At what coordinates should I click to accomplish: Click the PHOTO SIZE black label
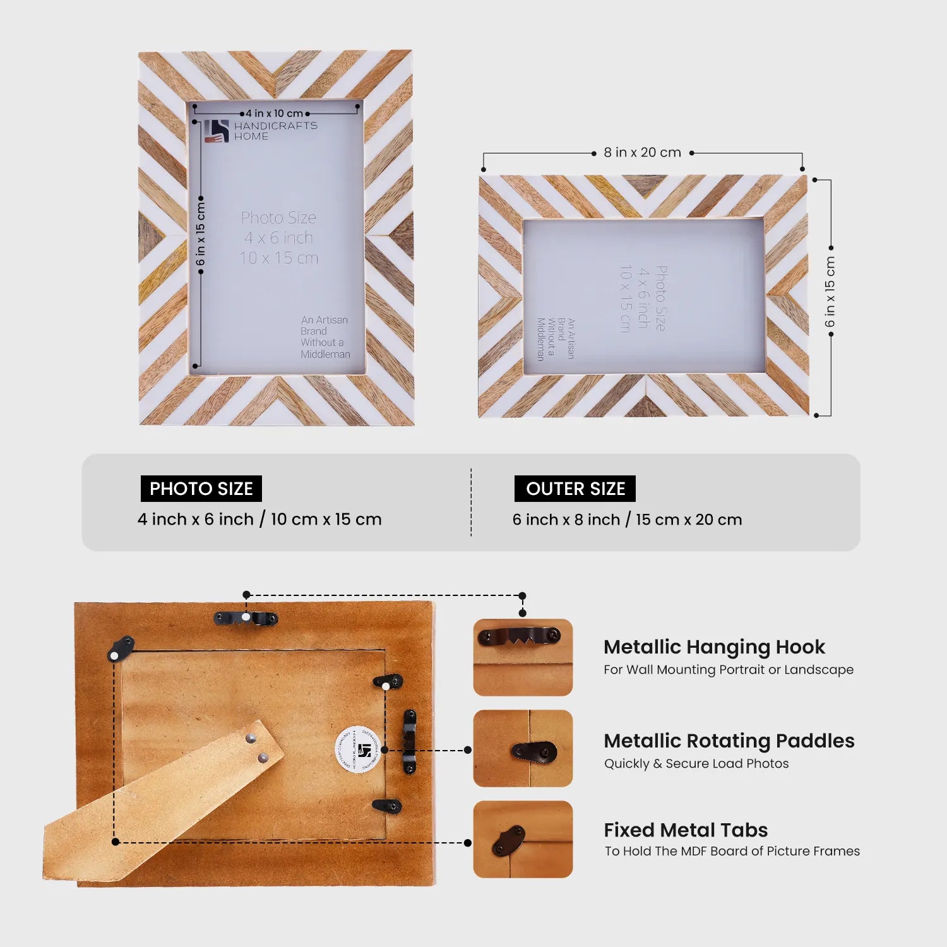pyautogui.click(x=201, y=489)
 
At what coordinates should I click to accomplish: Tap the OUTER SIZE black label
pyautogui.click(x=575, y=489)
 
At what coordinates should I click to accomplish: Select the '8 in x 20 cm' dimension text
pyautogui.click(x=642, y=153)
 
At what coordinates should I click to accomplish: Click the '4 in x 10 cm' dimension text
pyautogui.click(x=274, y=114)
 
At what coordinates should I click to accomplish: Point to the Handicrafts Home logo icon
pyautogui.click(x=216, y=131)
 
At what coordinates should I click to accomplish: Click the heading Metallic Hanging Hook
pyautogui.click(x=714, y=647)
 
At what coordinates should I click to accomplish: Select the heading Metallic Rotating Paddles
pyautogui.click(x=729, y=741)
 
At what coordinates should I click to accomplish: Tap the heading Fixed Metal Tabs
pyautogui.click(x=686, y=830)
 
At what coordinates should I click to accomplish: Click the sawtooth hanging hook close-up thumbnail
pyautogui.click(x=523, y=657)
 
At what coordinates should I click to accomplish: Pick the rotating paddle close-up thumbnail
pyautogui.click(x=523, y=749)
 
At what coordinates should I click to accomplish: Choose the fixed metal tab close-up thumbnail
pyautogui.click(x=523, y=840)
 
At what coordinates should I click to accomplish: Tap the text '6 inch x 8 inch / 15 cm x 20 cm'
pyautogui.click(x=627, y=520)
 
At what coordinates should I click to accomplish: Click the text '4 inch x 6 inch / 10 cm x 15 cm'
pyautogui.click(x=259, y=520)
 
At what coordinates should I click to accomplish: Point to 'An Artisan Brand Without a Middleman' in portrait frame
pyautogui.click(x=325, y=337)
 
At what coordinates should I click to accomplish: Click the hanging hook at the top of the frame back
pyautogui.click(x=246, y=618)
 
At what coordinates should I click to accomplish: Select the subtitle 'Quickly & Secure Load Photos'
pyautogui.click(x=696, y=764)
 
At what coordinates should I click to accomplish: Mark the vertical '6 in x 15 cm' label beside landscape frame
pyautogui.click(x=830, y=292)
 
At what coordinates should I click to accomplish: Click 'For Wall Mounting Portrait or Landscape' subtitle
pyautogui.click(x=728, y=670)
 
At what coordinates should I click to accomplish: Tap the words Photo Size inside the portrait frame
pyautogui.click(x=278, y=218)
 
